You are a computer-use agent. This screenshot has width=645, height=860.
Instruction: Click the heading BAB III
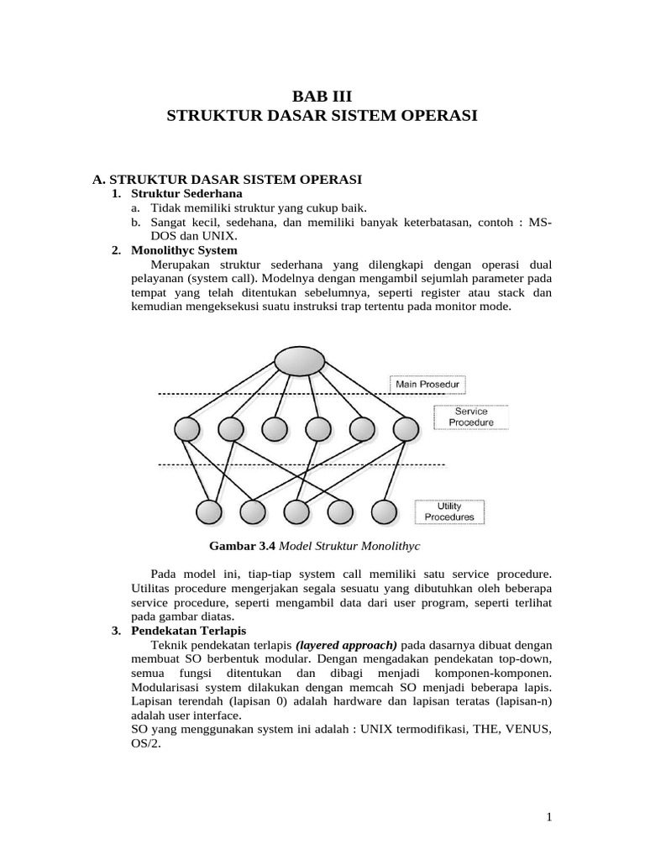click(322, 97)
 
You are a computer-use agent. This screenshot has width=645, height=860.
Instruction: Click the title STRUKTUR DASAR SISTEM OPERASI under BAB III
click(322, 115)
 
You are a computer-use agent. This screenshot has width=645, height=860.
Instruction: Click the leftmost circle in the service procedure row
click(187, 429)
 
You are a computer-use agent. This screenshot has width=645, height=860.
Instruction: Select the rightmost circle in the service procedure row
click(405, 429)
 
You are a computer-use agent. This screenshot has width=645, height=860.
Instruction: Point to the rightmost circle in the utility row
click(383, 511)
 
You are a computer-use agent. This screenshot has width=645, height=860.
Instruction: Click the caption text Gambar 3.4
click(242, 545)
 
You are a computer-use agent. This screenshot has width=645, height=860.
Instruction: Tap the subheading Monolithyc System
click(185, 250)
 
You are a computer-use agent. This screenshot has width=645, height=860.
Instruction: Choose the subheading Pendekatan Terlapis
click(188, 631)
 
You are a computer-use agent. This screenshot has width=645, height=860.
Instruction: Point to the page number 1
click(548, 816)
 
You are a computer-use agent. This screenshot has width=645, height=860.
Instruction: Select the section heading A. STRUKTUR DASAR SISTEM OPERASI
click(227, 180)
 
